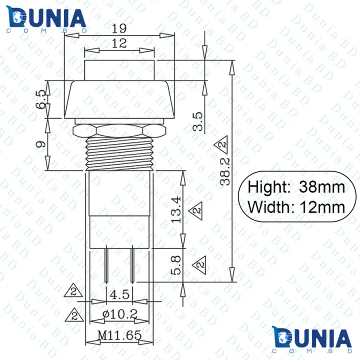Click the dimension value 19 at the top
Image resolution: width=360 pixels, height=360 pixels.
(x=119, y=28)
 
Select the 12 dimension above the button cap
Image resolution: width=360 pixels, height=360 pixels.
(x=119, y=43)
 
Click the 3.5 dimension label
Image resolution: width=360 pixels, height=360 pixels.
(x=198, y=121)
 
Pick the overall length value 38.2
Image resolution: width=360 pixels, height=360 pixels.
(x=226, y=170)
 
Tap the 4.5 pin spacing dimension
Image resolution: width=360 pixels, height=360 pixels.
(x=119, y=295)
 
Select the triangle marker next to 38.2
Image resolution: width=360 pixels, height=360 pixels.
(x=220, y=146)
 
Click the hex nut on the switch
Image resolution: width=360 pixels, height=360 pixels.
(x=119, y=131)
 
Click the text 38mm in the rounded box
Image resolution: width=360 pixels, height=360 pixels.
(x=322, y=187)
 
